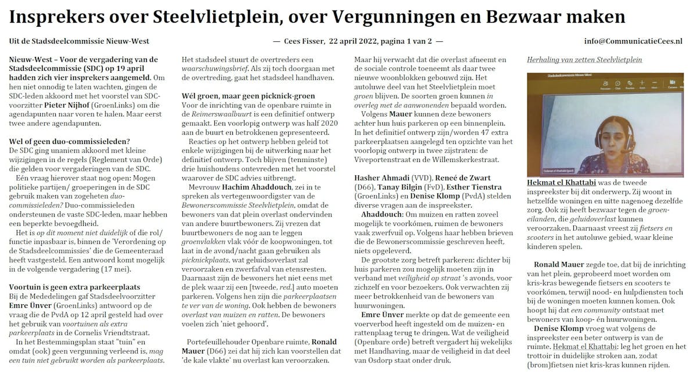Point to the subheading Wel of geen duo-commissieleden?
pyautogui.click(x=70, y=141)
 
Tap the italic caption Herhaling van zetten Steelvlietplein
pyautogui.click(x=584, y=59)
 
